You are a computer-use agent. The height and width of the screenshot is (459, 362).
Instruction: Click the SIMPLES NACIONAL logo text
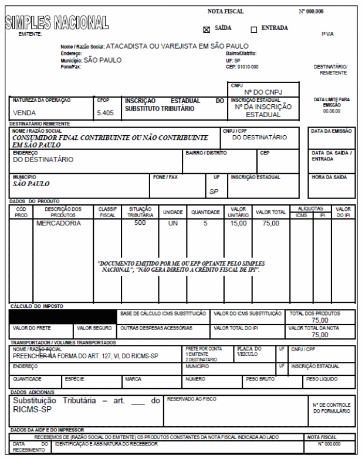click(57, 23)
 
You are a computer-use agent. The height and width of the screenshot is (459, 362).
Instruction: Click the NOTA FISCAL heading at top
click(225, 12)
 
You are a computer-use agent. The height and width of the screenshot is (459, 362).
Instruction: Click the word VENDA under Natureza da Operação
click(25, 112)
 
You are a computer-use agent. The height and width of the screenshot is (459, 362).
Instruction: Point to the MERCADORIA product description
click(60, 223)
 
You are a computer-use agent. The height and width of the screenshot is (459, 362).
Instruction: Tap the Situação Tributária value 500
click(140, 223)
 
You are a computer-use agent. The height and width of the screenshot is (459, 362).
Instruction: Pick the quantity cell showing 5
click(205, 223)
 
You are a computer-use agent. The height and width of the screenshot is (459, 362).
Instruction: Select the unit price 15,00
click(238, 223)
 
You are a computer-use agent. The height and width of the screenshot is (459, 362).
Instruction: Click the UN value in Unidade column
click(173, 223)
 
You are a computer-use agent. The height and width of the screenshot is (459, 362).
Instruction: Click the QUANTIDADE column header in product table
click(205, 212)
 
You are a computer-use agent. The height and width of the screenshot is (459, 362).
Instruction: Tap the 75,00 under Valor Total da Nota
click(320, 335)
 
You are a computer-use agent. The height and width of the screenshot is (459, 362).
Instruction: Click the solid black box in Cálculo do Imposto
click(62, 316)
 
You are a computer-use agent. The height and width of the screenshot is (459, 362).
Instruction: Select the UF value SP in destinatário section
click(214, 191)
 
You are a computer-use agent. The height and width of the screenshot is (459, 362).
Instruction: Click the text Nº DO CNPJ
click(264, 93)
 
